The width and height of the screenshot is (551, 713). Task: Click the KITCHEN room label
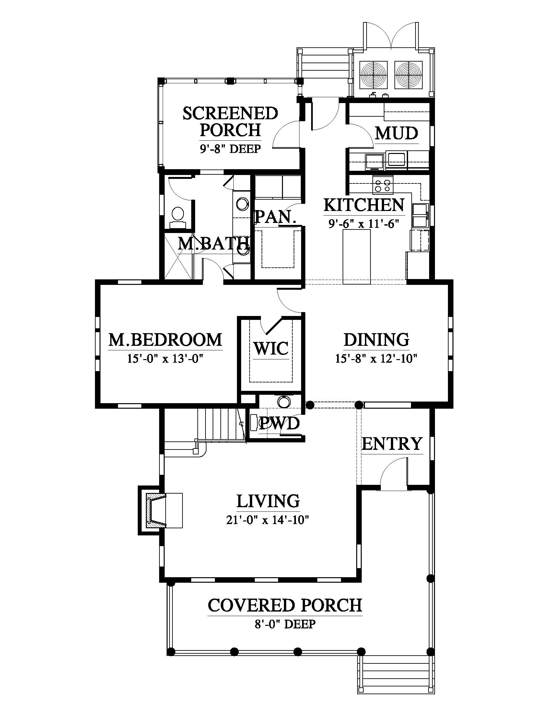[x=364, y=205]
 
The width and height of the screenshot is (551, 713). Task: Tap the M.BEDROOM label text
[x=165, y=340]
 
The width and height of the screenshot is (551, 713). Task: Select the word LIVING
[x=268, y=501]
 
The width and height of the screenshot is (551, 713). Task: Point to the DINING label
[x=376, y=340]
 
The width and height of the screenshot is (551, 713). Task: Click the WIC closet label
[x=271, y=348]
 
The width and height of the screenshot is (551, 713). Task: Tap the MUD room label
[x=397, y=133]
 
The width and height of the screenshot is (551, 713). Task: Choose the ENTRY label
[x=392, y=444]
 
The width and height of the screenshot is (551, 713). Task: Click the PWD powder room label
[x=279, y=424]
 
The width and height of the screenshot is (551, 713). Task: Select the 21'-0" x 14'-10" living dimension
[x=268, y=520]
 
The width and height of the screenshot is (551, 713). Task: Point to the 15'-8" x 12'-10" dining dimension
[x=376, y=358]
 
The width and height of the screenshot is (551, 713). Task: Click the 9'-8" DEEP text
[x=230, y=149]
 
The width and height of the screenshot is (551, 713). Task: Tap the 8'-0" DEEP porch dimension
[x=285, y=624]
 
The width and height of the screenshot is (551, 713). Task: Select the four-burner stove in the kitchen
[x=382, y=185]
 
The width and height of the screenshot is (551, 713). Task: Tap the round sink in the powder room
[x=283, y=402]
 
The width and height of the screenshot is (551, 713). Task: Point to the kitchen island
[x=357, y=257]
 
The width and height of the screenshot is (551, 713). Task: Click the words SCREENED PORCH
[x=230, y=122]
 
